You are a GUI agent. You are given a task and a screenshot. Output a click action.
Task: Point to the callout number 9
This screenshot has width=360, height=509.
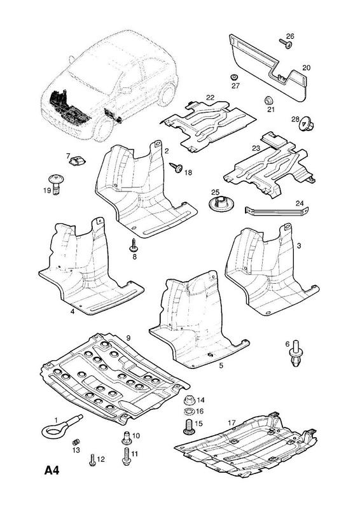pos(128,338)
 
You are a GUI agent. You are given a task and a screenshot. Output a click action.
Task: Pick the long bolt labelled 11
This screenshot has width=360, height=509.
pos(126,456)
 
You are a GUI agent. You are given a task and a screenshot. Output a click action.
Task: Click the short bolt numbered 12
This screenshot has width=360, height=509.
pos(92,460)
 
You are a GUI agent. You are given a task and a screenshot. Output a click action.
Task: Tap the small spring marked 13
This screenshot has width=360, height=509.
pos(75,442)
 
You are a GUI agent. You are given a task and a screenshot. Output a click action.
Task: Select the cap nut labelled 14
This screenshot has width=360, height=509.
pos(189,400)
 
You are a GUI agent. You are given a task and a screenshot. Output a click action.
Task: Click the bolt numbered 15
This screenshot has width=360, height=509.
pos(189,426)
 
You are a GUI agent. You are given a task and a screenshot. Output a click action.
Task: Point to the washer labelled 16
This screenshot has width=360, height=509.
pos(189,412)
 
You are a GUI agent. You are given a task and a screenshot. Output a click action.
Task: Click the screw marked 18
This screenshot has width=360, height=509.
pos(176,168)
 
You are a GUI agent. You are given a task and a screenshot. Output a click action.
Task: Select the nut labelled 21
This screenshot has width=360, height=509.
pos(268,100)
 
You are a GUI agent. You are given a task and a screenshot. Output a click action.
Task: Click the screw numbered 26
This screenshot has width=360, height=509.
pos(286,44)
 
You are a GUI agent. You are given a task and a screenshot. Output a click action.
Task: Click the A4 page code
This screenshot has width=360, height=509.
pos(52,470)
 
